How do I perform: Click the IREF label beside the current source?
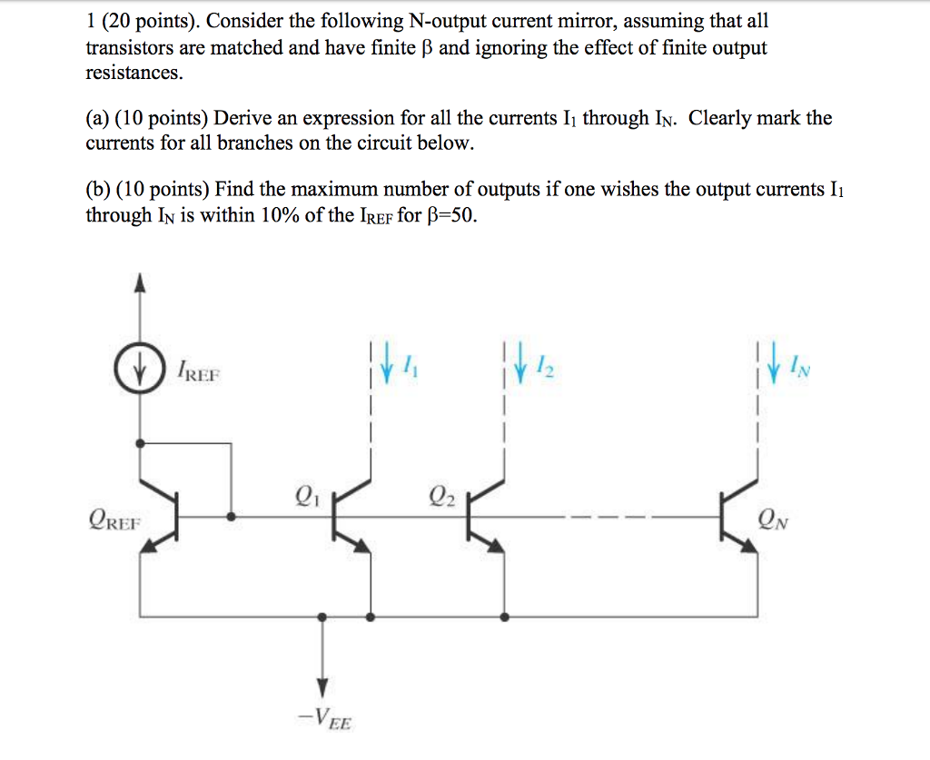coord(199,372)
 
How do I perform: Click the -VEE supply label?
coord(325,723)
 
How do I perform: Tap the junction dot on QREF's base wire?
coord(233,517)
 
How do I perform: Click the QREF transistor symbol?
coord(163,516)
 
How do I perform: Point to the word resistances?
coord(134,73)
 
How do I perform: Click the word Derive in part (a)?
coord(242,118)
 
